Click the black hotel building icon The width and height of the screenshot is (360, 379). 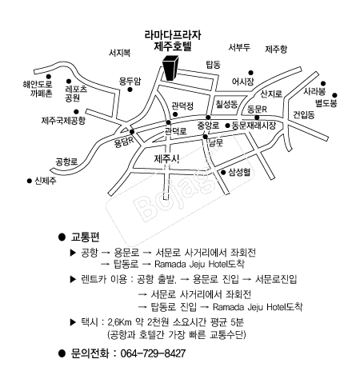tap(170, 68)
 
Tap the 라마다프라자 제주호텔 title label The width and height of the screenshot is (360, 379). tap(173, 41)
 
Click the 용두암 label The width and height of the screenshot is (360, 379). tap(130, 82)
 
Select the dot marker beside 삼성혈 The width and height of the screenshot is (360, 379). tap(223, 173)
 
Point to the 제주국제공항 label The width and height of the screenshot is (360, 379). tap(63, 121)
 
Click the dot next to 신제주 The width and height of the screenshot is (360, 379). tap(30, 181)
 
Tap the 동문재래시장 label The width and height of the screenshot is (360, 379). tap(254, 126)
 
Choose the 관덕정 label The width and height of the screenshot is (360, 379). tap(182, 106)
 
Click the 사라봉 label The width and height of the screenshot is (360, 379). tap(314, 91)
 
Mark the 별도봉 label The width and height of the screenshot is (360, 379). tap(326, 103)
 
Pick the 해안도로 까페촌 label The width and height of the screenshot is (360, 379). tap(38, 89)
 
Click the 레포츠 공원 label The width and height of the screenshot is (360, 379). tap(76, 94)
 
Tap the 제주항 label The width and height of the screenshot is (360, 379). tap(276, 49)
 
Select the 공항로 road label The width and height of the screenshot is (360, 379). tap(66, 162)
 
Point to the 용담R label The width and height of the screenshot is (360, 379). tap(124, 142)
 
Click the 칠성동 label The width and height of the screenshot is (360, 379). tap(226, 104)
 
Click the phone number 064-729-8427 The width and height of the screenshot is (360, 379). tap(153, 353)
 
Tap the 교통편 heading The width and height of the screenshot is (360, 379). tap(85, 237)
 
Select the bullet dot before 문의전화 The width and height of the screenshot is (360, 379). tap(62, 353)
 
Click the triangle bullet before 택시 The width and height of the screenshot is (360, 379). tap(73, 322)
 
